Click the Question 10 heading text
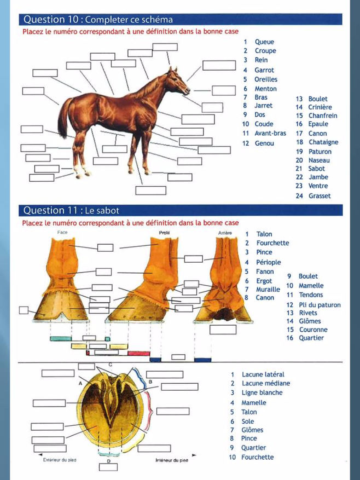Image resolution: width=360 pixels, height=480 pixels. pyautogui.click(x=98, y=20)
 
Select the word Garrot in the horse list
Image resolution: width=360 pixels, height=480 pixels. pyautogui.click(x=264, y=70)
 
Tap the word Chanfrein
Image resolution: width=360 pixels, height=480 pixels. pyautogui.click(x=323, y=116)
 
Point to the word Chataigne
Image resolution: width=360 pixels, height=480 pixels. pyautogui.click(x=323, y=142)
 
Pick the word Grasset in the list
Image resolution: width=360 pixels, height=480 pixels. pyautogui.click(x=320, y=196)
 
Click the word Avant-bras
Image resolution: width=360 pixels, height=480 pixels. pyautogui.click(x=270, y=133)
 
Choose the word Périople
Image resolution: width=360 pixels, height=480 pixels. pyautogui.click(x=269, y=262)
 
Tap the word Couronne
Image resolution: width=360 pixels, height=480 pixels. pyautogui.click(x=313, y=329)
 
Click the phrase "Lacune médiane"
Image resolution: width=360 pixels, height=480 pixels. pyautogui.click(x=266, y=383)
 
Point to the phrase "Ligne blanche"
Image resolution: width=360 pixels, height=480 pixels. pyautogui.click(x=262, y=392)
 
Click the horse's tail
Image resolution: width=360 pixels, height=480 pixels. pyautogui.click(x=63, y=118)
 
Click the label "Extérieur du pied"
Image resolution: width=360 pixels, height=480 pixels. pyautogui.click(x=59, y=460)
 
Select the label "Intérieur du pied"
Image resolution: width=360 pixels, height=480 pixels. pyautogui.click(x=172, y=460)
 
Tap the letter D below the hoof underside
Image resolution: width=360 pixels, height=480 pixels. pyautogui.click(x=108, y=461)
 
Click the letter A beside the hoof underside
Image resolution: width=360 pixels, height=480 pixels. pyautogui.click(x=80, y=384)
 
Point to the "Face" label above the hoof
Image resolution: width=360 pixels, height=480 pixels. pyautogui.click(x=62, y=233)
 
